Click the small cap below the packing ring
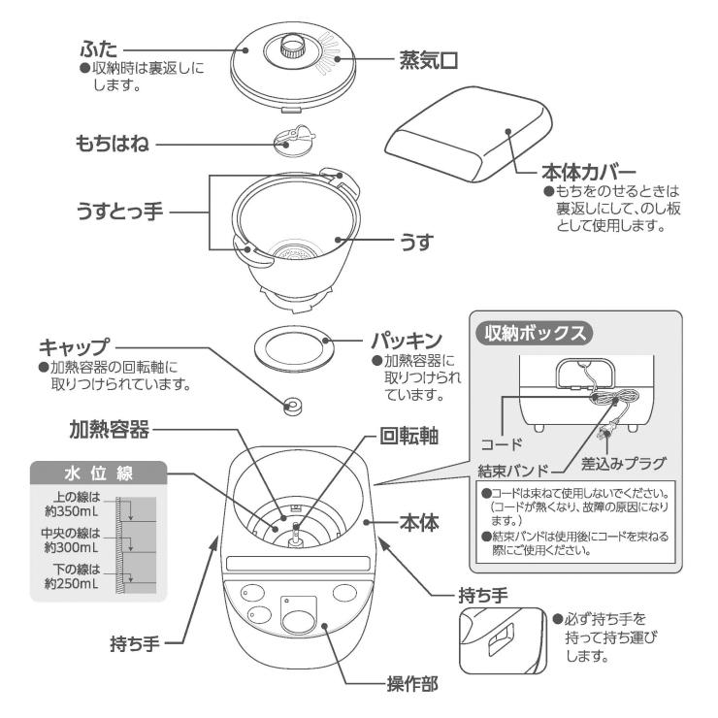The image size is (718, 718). tap(290, 406)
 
